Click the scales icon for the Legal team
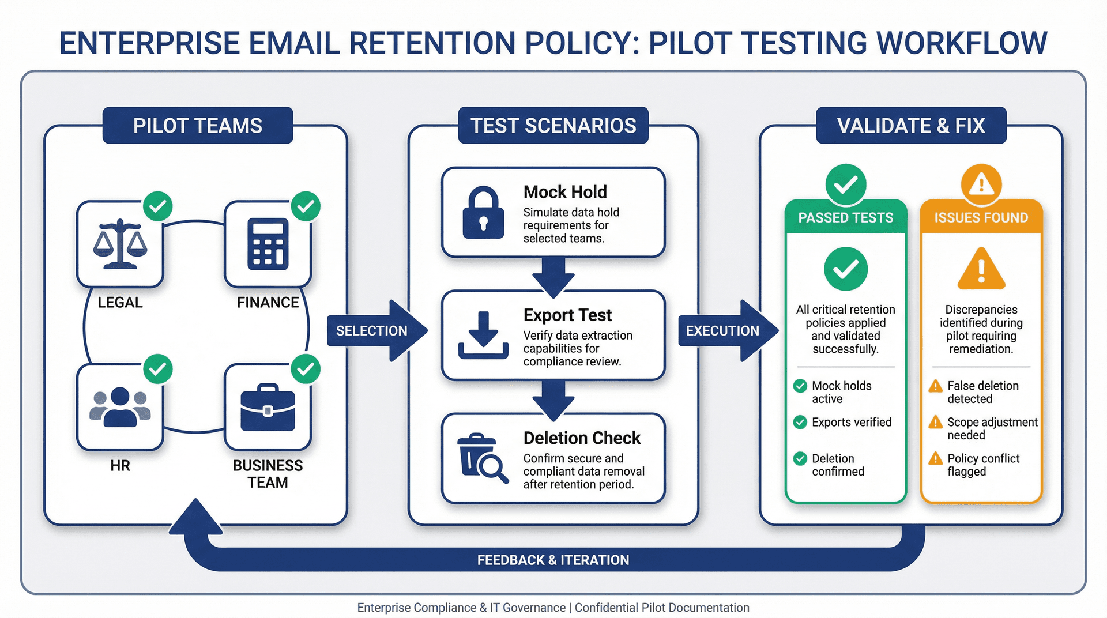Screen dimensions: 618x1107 [120, 244]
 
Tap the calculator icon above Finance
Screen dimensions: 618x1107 [268, 244]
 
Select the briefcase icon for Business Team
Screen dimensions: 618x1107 [268, 408]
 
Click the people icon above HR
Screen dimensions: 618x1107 [120, 407]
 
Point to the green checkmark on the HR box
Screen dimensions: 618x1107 [158, 369]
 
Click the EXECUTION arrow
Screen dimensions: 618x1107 [726, 331]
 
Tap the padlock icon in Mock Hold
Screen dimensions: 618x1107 [483, 212]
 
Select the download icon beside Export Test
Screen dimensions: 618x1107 [483, 336]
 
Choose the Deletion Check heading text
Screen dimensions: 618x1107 [582, 438]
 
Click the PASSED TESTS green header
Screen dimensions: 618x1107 [845, 217]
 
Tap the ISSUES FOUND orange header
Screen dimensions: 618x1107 [981, 217]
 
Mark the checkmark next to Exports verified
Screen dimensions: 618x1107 [800, 423]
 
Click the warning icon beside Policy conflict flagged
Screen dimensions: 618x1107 [935, 459]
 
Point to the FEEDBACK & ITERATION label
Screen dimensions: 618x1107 [553, 560]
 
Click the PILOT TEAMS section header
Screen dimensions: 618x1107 [198, 126]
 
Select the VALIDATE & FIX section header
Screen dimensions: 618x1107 [911, 126]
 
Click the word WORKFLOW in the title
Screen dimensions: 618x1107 [961, 43]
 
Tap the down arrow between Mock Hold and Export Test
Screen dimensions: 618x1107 [553, 276]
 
